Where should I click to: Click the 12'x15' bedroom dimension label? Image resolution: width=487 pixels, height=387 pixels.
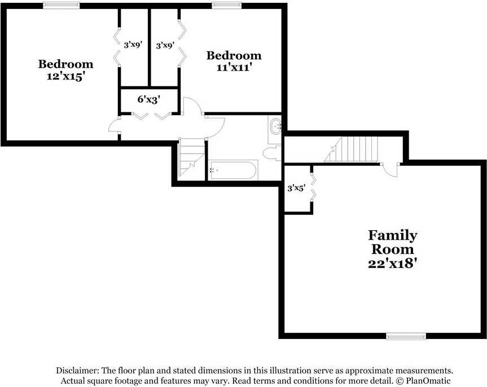coord(66,76)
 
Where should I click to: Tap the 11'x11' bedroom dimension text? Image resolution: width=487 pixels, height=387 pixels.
coord(234,67)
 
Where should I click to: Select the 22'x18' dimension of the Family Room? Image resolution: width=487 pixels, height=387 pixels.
coord(392,263)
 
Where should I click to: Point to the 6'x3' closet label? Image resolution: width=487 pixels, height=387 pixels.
coord(149,99)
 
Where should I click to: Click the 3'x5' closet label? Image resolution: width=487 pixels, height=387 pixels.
coord(296,188)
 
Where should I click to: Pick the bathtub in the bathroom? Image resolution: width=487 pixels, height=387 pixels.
coord(233,170)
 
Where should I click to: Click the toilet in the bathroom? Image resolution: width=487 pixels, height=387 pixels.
coord(272,153)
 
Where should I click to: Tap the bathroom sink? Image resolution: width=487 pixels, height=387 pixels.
coord(275,126)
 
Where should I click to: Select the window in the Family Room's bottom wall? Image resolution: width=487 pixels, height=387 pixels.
coord(406,336)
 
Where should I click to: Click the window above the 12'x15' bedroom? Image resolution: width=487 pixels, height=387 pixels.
coord(61,5)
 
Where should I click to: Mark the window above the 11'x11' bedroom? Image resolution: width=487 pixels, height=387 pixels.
coord(227,5)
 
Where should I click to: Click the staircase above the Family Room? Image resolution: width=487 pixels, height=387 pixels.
coord(351,149)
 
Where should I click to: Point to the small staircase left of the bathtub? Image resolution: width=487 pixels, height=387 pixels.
coord(191,159)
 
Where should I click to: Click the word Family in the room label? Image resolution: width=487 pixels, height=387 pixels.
coord(393,236)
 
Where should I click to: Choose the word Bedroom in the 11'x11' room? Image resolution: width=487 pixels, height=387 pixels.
coord(234,56)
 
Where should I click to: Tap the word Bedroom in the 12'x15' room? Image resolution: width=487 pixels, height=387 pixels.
coord(65,64)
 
